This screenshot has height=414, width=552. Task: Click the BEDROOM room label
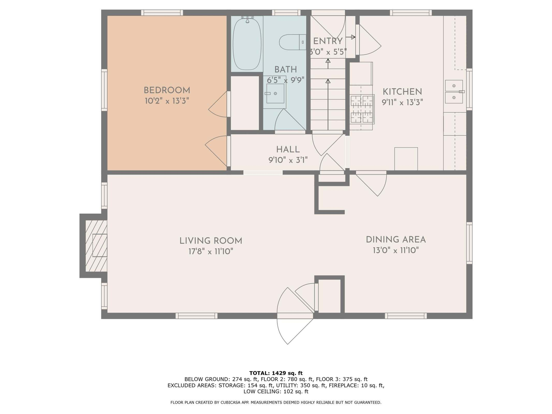coord(167,90)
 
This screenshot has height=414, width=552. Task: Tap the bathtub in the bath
coord(247,43)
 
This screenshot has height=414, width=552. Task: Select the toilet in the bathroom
coord(292,42)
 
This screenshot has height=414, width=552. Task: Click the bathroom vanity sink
coord(275,93)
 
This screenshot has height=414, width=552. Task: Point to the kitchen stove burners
coord(362,109)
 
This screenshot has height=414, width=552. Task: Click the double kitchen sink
coord(454,92)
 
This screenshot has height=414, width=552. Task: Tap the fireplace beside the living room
coord(96,246)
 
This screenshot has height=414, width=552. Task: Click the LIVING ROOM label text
coord(211,241)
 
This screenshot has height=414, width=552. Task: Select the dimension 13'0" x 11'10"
coord(396,250)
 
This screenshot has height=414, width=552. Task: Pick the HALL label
coord(288,149)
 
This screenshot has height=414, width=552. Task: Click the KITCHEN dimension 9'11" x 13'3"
coord(402,102)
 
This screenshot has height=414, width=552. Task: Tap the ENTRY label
coord(328,41)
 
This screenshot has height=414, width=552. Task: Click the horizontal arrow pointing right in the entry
coord(350,37)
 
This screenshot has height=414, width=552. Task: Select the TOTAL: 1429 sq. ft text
coord(276,373)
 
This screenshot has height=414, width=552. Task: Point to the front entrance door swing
coord(295,329)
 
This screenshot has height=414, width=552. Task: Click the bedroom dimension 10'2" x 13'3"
coord(167,101)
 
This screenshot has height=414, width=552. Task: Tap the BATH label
coord(285,69)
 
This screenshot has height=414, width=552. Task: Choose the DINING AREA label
coord(396,240)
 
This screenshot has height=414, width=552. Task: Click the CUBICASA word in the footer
coord(230,402)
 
